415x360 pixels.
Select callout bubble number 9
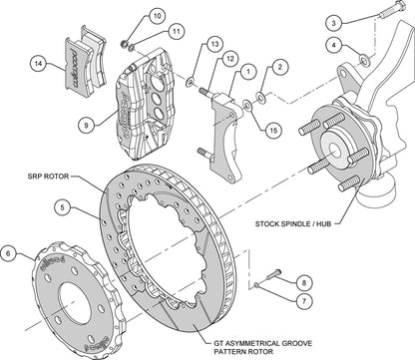pyautogui.click(x=87, y=125)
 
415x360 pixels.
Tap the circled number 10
pyautogui.click(x=157, y=16)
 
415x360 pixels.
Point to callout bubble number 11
pyautogui.click(x=176, y=32)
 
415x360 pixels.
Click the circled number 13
pyautogui.click(x=214, y=45)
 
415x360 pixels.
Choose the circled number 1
pyautogui.click(x=247, y=71)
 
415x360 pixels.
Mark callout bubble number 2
pyautogui.click(x=279, y=67)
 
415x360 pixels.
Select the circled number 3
pyautogui.click(x=334, y=21)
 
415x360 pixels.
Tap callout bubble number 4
pyautogui.click(x=334, y=44)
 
